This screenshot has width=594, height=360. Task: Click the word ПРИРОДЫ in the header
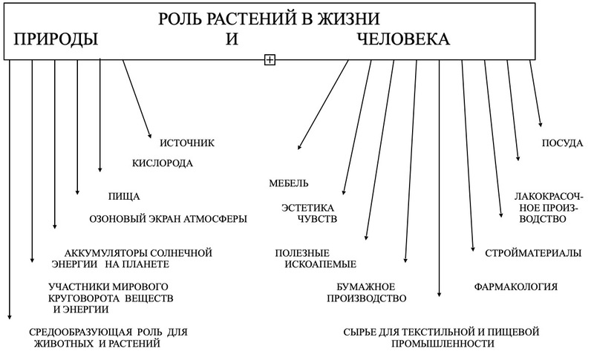(56, 39)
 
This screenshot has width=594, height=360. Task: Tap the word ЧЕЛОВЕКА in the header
(403, 39)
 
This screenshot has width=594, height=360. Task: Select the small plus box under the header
(270, 59)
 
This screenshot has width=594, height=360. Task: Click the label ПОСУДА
(562, 143)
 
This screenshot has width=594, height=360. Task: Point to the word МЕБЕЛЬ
(289, 183)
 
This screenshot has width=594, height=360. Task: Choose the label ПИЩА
(124, 197)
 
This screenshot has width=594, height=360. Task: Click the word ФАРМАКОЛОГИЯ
(515, 287)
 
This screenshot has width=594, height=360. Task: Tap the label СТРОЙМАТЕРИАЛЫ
(533, 253)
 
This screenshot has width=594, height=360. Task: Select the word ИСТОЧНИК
(187, 143)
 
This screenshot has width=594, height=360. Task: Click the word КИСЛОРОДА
(162, 163)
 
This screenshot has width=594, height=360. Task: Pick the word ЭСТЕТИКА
(307, 208)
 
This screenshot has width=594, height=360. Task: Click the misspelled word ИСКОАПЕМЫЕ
(321, 264)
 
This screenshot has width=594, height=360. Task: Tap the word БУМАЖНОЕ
(365, 287)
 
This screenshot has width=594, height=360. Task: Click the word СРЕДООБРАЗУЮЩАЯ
(80, 332)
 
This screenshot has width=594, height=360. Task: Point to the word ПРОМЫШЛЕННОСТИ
(443, 344)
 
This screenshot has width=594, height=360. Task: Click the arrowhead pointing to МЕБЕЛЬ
(299, 147)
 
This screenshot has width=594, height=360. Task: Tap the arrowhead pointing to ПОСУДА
(541, 124)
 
